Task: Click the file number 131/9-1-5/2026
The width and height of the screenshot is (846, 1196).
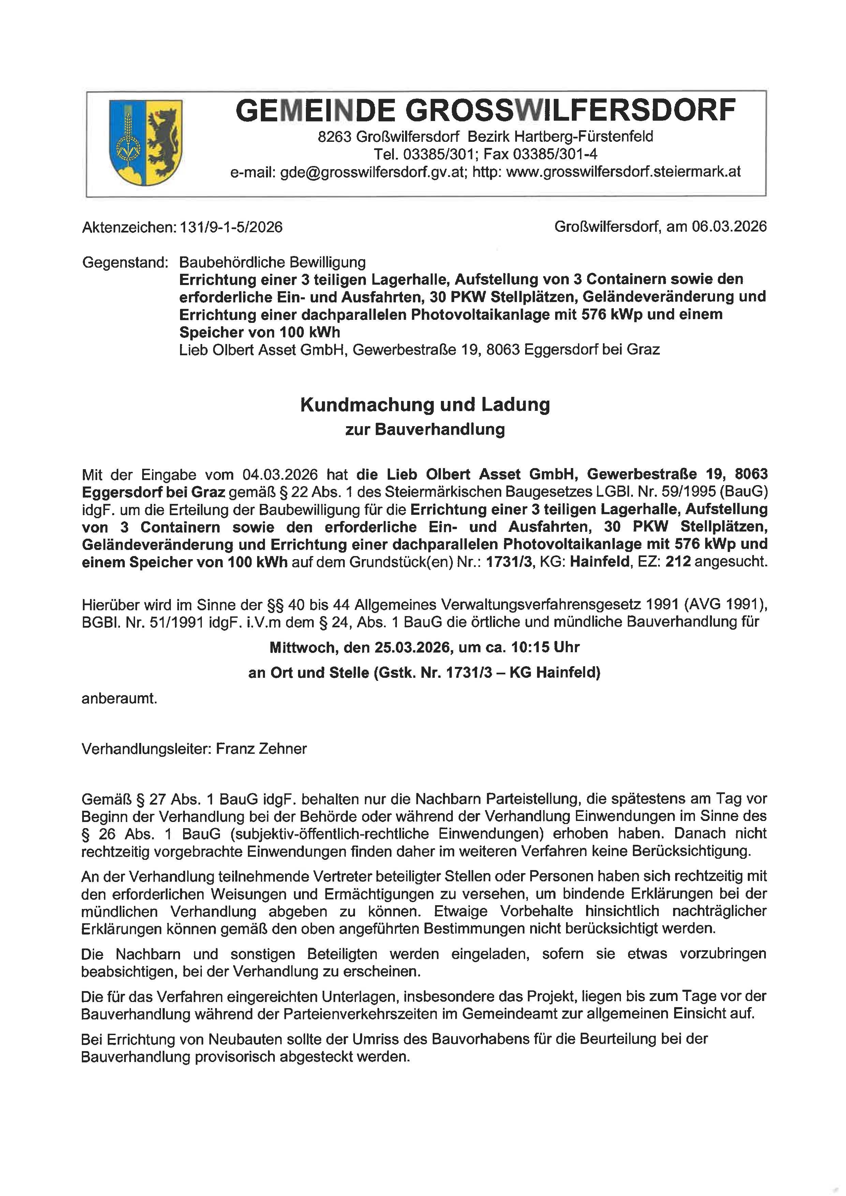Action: point(231,227)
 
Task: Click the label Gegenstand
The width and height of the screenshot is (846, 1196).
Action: point(125,262)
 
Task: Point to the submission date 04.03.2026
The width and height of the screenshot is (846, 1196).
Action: point(280,475)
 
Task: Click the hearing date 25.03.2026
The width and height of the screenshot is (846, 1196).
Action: point(412,647)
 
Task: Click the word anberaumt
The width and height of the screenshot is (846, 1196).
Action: point(119,699)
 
